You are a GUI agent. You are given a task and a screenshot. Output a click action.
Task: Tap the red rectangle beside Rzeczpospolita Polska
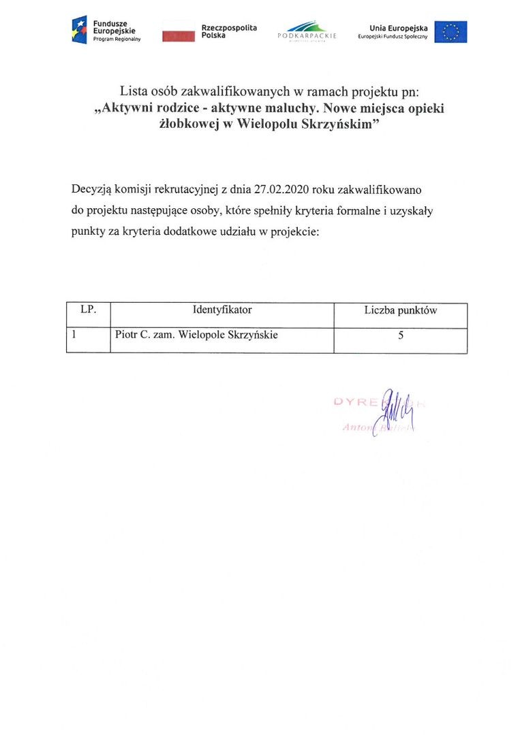coord(179,36)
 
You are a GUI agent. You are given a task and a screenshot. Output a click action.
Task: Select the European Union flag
coord(450,31)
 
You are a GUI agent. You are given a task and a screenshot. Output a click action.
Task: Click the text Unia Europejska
coord(399,28)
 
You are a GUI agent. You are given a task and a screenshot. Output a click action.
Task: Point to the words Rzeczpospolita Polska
coord(229,31)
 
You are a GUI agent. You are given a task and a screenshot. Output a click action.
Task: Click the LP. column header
coord(88,310)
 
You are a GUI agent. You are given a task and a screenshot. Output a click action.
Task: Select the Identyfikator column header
coord(222,310)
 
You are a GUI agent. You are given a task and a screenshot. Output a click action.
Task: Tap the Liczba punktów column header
coord(400,311)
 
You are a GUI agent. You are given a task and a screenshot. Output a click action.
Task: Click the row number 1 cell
coord(74,334)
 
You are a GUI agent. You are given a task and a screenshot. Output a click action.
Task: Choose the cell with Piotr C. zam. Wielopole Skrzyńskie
coord(196,335)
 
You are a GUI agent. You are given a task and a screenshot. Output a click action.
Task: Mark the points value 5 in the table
coord(400,335)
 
